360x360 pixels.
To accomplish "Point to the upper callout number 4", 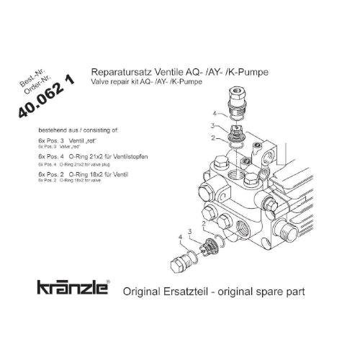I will click(x=215, y=114).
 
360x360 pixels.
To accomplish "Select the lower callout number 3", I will click(x=190, y=231).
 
